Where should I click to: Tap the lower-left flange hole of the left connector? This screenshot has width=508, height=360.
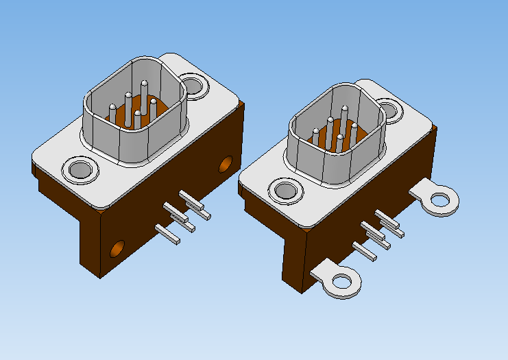[81, 169]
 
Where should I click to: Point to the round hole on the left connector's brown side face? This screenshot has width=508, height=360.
[226, 165]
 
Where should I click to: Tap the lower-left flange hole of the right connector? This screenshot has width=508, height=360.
[286, 192]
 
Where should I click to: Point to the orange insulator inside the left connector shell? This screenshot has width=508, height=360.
[125, 119]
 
